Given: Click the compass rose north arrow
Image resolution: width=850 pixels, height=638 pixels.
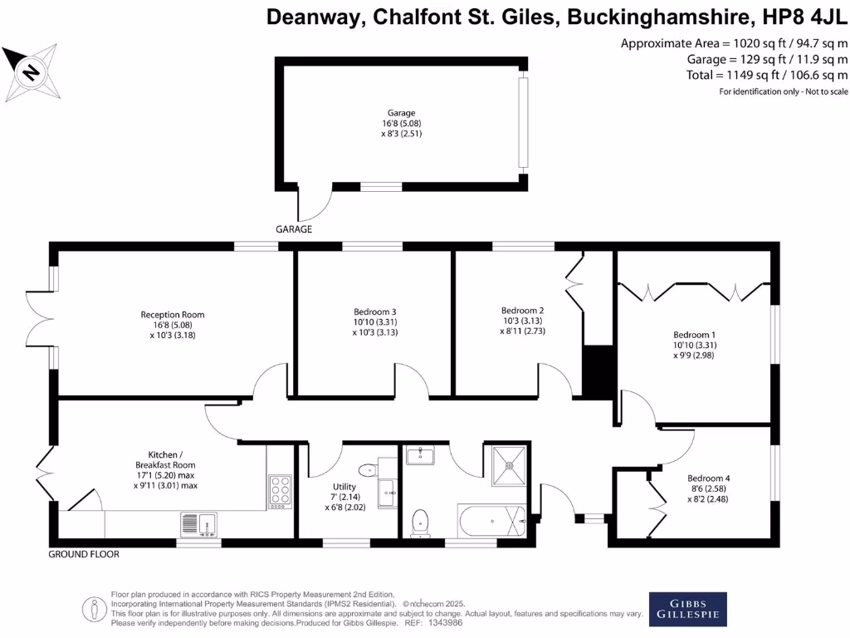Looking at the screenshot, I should [31, 72].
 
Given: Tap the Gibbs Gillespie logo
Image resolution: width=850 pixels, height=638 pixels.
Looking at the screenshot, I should [687, 609].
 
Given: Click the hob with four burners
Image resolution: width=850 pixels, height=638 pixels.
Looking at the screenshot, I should [281, 490].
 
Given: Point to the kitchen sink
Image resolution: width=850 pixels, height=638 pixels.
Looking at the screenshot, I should [198, 523].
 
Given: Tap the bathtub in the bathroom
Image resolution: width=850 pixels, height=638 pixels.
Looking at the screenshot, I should [491, 522].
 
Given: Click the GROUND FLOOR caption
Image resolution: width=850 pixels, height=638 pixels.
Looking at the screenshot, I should [84, 554].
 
